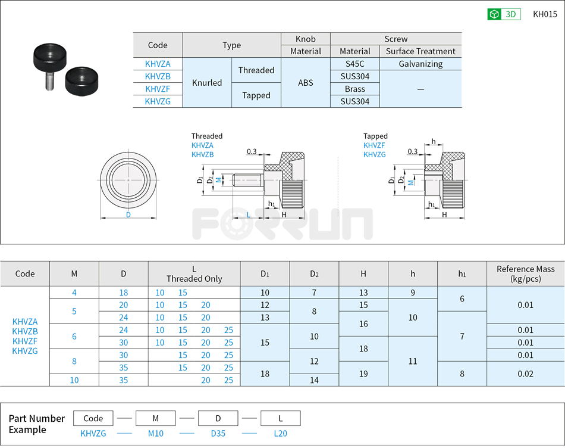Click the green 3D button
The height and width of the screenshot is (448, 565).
[x=504, y=14]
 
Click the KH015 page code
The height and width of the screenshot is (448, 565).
[x=545, y=14]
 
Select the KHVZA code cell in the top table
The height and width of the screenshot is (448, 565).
[x=158, y=64]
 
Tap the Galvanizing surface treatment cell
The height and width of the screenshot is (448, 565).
[x=420, y=64]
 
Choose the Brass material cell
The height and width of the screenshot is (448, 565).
[x=354, y=89]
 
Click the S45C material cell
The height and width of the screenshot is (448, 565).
[x=354, y=64]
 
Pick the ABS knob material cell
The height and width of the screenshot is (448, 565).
[x=305, y=83]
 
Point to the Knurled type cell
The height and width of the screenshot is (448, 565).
[x=207, y=83]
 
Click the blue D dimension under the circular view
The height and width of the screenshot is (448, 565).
[x=128, y=215]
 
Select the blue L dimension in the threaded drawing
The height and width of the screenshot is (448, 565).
[x=248, y=214]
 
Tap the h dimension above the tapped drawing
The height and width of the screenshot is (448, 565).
[x=434, y=142]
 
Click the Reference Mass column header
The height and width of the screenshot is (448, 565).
[x=525, y=274]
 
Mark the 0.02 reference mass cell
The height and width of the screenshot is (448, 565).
[x=525, y=374]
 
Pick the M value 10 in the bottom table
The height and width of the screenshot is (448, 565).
[x=74, y=380]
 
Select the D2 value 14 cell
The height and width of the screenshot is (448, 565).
[x=314, y=380]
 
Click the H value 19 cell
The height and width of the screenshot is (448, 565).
[x=363, y=374]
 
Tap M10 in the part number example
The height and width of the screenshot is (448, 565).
[x=156, y=434]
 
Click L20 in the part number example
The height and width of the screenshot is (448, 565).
[x=281, y=434]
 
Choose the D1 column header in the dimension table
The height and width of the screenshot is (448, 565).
[x=265, y=274]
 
